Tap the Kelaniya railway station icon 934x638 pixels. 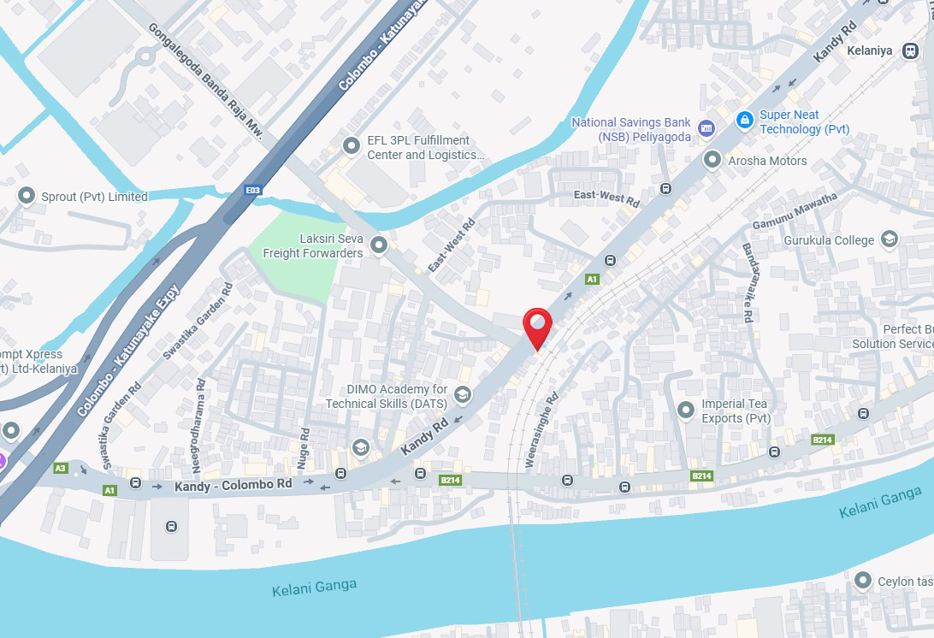click(908, 50)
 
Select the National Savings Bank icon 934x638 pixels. click(706, 129)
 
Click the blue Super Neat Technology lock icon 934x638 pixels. click(745, 119)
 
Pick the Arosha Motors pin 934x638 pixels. click(712, 160)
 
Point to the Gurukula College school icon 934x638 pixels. click(890, 239)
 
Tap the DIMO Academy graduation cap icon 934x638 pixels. click(463, 393)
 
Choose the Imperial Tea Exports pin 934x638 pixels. click(685, 411)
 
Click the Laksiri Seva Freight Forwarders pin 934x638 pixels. click(379, 245)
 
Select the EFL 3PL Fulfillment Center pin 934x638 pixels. click(351, 147)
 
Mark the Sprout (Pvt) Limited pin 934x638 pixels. click(26, 196)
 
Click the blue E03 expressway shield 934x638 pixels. click(252, 190)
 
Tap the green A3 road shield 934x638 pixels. click(60, 468)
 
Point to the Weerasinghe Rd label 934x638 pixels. click(542, 430)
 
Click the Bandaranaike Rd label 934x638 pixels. click(748, 282)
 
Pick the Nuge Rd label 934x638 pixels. click(305, 446)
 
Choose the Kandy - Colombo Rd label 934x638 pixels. click(233, 485)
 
